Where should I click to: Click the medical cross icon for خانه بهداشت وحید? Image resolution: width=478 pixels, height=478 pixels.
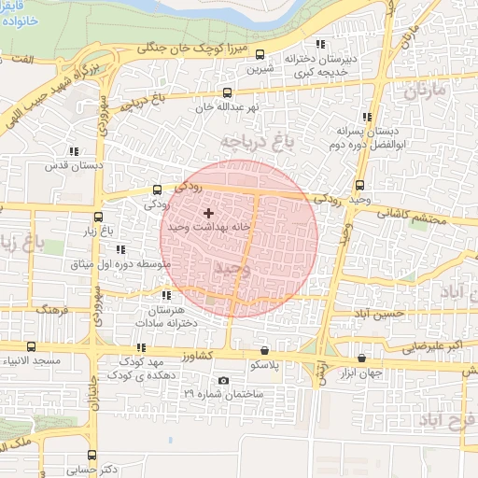(x=207, y=214)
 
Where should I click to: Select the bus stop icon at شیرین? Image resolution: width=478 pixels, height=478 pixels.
(x=260, y=54)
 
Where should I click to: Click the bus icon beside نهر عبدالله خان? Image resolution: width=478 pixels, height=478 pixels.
(x=228, y=92)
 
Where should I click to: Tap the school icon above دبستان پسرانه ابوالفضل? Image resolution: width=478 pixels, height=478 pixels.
(x=365, y=118)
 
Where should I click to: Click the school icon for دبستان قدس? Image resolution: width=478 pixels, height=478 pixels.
(x=73, y=151)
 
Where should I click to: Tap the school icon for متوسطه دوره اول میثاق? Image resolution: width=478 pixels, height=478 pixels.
(x=119, y=249)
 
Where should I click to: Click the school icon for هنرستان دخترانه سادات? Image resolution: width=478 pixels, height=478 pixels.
(x=167, y=296)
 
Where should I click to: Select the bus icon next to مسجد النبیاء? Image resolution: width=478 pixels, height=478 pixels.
(x=32, y=346)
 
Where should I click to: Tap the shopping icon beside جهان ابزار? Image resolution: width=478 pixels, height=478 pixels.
(x=361, y=358)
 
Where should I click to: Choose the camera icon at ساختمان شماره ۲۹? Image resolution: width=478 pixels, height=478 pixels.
(x=222, y=380)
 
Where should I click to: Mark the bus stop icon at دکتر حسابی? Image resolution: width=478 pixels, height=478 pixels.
(x=91, y=455)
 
